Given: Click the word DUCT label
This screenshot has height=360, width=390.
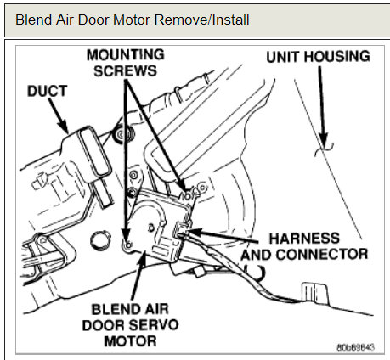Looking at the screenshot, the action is pyautogui.click(x=47, y=91).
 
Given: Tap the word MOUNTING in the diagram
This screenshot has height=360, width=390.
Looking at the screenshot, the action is pyautogui.click(x=126, y=54).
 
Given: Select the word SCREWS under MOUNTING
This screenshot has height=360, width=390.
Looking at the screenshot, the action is pyautogui.click(x=126, y=70).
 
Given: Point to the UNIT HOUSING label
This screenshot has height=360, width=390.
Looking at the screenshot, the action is pyautogui.click(x=318, y=56).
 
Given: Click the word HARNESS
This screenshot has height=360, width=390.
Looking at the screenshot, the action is pyautogui.click(x=304, y=239).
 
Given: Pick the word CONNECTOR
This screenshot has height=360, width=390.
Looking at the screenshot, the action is pyautogui.click(x=322, y=254).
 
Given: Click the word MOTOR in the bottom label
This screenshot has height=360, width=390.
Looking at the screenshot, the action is pyautogui.click(x=130, y=341).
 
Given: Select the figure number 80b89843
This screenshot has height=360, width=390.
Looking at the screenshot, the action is pyautogui.click(x=355, y=347).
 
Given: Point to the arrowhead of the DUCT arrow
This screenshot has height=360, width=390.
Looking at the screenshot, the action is pyautogui.click(x=64, y=127).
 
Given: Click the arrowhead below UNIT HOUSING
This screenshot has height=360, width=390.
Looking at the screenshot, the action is pyautogui.click(x=323, y=139).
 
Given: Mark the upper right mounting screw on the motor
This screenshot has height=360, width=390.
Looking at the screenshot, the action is pyautogui.click(x=188, y=195).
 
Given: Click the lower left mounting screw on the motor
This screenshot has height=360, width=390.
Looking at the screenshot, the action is pyautogui.click(x=127, y=245).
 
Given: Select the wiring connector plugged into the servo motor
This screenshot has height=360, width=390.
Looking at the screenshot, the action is pyautogui.click(x=181, y=230).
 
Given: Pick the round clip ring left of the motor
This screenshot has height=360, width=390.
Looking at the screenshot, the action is pyautogui.click(x=100, y=241).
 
